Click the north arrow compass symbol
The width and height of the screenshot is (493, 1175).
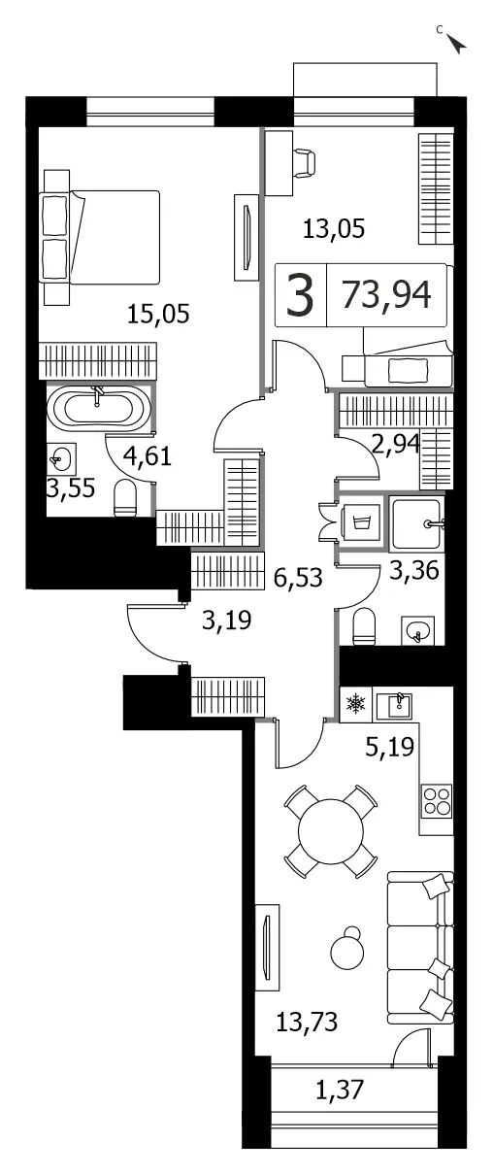(456, 43)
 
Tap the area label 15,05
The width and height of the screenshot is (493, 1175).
(158, 314)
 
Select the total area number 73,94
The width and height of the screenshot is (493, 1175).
(386, 295)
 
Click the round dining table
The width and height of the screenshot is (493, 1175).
(330, 831)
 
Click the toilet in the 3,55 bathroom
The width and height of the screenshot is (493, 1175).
(125, 498)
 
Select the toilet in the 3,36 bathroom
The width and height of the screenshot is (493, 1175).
(365, 626)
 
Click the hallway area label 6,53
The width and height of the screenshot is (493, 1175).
(298, 578)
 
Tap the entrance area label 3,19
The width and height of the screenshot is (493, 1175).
(227, 620)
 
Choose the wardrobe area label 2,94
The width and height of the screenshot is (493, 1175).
(396, 444)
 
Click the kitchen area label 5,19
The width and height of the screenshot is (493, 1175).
(390, 747)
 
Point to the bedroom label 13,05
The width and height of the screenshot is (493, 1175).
(334, 229)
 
